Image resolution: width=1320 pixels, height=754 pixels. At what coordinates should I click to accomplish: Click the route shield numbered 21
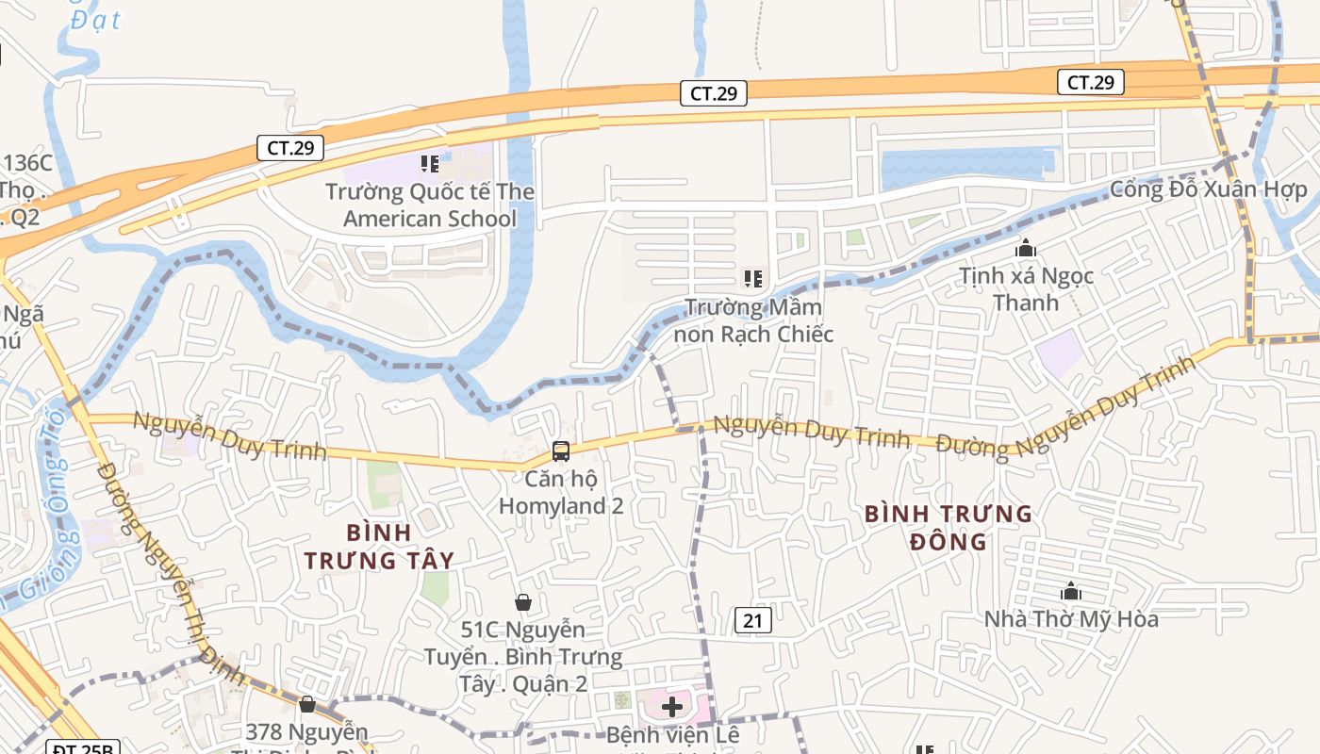[x=752, y=619]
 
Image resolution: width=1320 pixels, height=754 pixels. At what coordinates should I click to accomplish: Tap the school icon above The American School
[x=430, y=164]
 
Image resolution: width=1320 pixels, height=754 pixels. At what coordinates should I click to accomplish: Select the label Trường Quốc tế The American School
[x=430, y=205]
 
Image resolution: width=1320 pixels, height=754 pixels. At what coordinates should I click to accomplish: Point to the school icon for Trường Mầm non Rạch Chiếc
[x=752, y=278]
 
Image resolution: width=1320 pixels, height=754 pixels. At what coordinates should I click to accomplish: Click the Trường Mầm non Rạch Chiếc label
[x=753, y=320]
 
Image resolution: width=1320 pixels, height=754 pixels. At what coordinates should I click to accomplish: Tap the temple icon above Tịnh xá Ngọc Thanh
[x=1026, y=249]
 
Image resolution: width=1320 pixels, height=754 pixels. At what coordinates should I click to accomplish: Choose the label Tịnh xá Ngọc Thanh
[x=1026, y=289]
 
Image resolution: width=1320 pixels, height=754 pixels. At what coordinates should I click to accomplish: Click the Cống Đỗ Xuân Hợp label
[x=1209, y=189]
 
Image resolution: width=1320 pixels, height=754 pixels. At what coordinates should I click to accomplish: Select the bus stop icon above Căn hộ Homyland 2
[x=561, y=451]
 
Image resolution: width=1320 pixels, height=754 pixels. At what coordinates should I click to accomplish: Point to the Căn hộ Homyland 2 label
[x=561, y=492]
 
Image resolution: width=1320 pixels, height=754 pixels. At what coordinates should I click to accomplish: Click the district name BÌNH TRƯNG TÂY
[x=379, y=547]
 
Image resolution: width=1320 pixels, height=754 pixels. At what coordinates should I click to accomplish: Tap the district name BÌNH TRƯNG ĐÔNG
[x=948, y=528]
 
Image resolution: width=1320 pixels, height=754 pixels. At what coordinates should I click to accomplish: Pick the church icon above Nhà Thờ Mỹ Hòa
[x=1071, y=592]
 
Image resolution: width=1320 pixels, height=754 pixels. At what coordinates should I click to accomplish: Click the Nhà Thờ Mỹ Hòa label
[x=1071, y=619]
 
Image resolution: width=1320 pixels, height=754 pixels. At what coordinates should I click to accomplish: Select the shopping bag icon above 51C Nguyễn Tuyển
[x=523, y=601]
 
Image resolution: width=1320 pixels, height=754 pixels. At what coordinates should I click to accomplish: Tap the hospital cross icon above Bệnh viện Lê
[x=672, y=706]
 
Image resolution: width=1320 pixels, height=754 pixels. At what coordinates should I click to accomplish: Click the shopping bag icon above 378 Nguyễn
[x=306, y=704]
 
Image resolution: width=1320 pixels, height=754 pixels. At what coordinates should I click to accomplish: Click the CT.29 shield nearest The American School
[x=290, y=148]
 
